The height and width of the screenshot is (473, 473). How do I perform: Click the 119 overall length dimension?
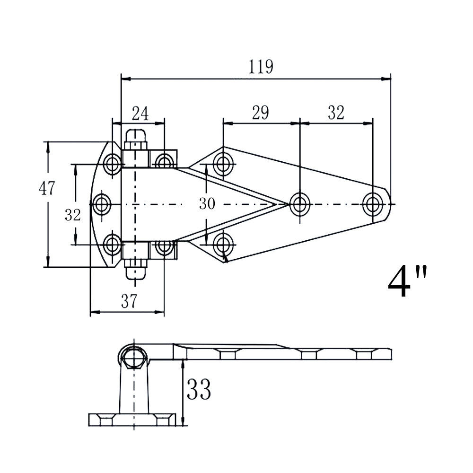[261, 67]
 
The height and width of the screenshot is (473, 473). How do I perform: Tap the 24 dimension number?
[140, 114]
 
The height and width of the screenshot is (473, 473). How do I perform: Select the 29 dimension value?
[260, 113]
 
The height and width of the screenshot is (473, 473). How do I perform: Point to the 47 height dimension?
[47, 188]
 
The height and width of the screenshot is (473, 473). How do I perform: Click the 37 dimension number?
[129, 301]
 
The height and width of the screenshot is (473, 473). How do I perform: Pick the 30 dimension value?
[207, 203]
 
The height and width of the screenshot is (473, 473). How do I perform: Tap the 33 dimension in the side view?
[199, 389]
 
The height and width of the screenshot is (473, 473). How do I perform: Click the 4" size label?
[408, 281]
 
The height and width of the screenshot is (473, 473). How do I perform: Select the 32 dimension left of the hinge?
[73, 215]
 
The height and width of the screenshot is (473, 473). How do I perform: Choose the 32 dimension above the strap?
[336, 113]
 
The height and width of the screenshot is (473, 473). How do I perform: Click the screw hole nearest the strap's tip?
[373, 204]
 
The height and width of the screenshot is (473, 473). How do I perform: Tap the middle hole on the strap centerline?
[300, 204]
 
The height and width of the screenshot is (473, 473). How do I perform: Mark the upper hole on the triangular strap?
[223, 164]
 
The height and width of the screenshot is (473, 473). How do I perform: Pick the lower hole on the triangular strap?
[223, 245]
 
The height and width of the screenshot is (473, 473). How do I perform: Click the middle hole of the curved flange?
[101, 204]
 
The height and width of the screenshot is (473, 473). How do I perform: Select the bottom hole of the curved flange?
[113, 244]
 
